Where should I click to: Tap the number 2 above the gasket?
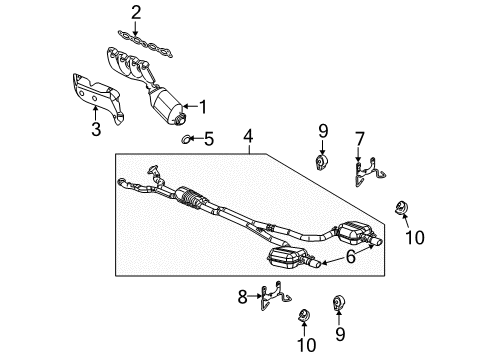137,13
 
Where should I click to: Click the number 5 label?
210,139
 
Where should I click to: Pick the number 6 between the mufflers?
350,256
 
